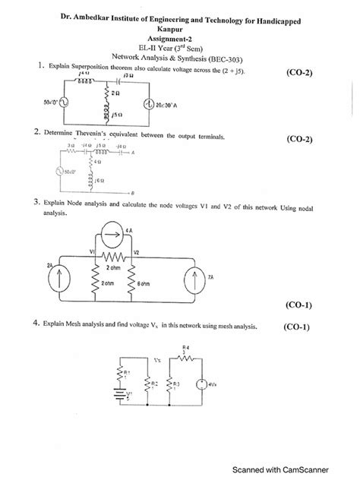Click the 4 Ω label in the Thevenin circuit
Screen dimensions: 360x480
99,161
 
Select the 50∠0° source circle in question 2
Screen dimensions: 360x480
59,170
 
